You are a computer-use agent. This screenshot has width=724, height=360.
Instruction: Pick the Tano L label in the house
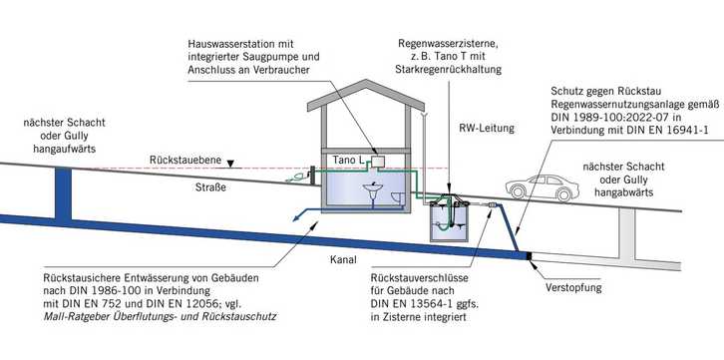click(345, 160)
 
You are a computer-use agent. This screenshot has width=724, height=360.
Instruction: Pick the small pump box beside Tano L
click(376, 161)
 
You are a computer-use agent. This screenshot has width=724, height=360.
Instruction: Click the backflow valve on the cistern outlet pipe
click(493, 208)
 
